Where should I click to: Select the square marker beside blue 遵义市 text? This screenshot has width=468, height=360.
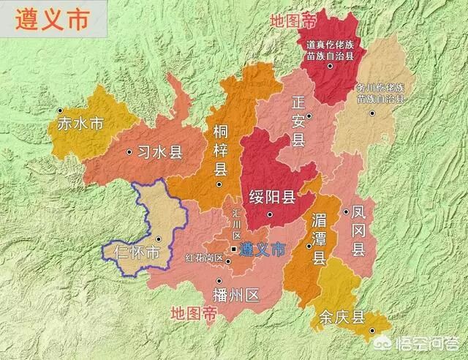point(233,250)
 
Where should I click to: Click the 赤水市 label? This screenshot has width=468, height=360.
point(80,124)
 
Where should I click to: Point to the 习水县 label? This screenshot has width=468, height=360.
point(159,153)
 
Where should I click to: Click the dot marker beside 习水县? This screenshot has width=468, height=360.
point(129,152)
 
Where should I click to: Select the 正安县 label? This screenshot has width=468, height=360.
point(298,120)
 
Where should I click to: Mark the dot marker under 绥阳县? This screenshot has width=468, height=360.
point(270,214)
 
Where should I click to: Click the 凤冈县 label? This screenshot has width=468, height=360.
point(358,230)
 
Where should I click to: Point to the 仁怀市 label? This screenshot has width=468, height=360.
point(137,253)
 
